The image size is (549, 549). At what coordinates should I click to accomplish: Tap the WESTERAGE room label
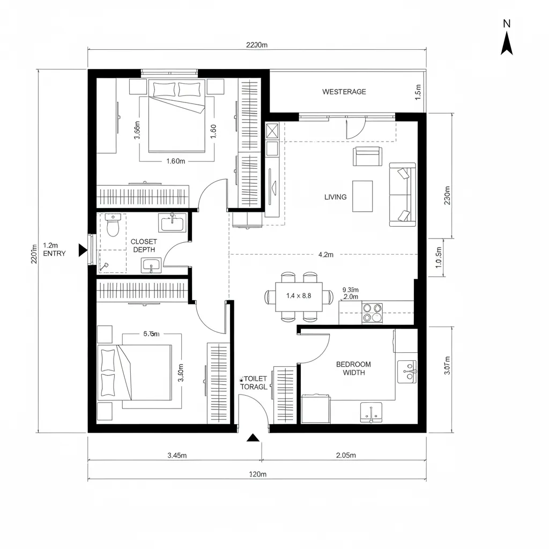[x=344, y=92]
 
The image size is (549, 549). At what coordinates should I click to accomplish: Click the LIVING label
[x=336, y=197]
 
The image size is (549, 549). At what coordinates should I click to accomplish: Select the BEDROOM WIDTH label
[x=353, y=368]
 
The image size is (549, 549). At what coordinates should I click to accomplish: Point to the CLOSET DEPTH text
[x=144, y=246]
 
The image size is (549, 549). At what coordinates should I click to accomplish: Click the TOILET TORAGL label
[x=253, y=382]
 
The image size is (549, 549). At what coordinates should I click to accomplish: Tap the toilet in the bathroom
[x=112, y=226]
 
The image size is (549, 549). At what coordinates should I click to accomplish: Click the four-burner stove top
[x=372, y=313]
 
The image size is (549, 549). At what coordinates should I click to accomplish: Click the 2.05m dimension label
[x=345, y=456]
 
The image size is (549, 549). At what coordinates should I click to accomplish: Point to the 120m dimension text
[x=257, y=474]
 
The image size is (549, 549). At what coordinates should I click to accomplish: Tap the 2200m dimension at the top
[x=256, y=45]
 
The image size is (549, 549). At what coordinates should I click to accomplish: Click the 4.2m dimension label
[x=326, y=255]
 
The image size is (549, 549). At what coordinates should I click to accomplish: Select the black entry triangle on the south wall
[x=253, y=438]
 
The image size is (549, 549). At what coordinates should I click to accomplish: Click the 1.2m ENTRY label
[x=54, y=249]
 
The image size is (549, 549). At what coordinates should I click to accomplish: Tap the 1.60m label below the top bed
[x=175, y=161]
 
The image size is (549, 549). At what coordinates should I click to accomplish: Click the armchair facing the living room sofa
[x=367, y=157]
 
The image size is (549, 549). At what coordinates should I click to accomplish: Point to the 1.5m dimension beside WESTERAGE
[x=418, y=92]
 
